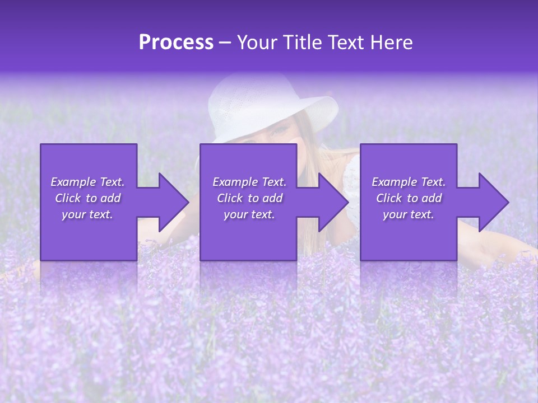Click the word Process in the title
click(176, 43)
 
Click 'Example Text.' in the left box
click(87, 182)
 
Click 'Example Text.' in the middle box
click(249, 182)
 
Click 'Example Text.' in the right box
click(409, 182)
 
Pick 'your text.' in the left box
click(87, 214)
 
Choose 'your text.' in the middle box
click(249, 214)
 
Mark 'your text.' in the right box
click(409, 214)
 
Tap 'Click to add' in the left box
click(87, 198)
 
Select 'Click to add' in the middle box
click(249, 198)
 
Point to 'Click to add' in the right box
click(409, 198)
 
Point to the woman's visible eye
click(279, 132)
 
